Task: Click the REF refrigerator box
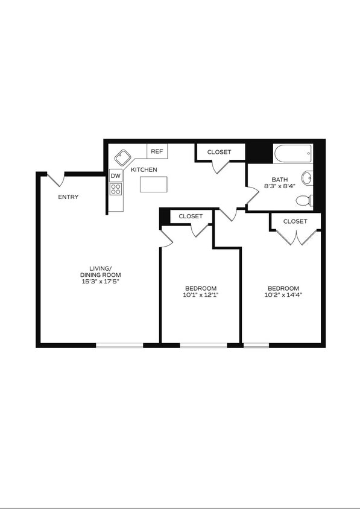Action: pos(157,151)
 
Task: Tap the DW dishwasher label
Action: pos(116,175)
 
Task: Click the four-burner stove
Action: pos(116,189)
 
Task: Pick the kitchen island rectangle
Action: pos(153,184)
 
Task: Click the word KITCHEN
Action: pos(144,169)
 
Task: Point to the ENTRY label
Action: pos(68,197)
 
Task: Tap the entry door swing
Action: pos(56,180)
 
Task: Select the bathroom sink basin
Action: pos(308,178)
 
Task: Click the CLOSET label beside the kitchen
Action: pos(219,152)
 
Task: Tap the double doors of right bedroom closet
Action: pos(295,238)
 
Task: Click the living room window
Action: pos(119,345)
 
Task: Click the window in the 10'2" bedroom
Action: pos(256,345)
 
